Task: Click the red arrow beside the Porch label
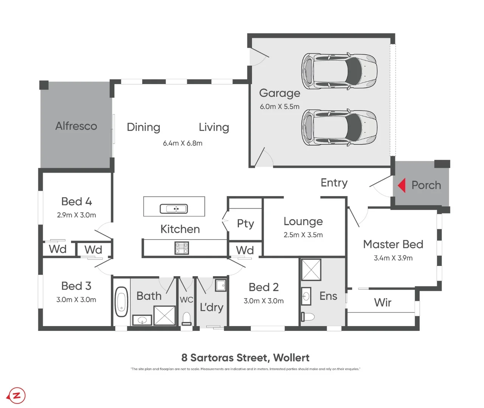point(402,185)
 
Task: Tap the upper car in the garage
point(339,71)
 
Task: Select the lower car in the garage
point(339,128)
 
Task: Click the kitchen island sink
point(174,209)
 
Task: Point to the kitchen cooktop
point(181,248)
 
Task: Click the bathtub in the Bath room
point(121,301)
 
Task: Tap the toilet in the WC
point(186,318)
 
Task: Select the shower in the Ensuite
point(311,270)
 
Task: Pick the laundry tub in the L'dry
point(220,285)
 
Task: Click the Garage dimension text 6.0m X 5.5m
point(279,107)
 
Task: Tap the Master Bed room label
point(393,244)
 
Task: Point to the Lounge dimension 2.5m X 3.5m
point(303,235)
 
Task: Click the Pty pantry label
point(245,224)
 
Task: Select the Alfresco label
point(76,126)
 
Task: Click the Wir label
point(383,303)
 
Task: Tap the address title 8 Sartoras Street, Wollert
point(245,357)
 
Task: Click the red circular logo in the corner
point(17,396)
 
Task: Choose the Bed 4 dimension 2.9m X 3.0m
point(76,215)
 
